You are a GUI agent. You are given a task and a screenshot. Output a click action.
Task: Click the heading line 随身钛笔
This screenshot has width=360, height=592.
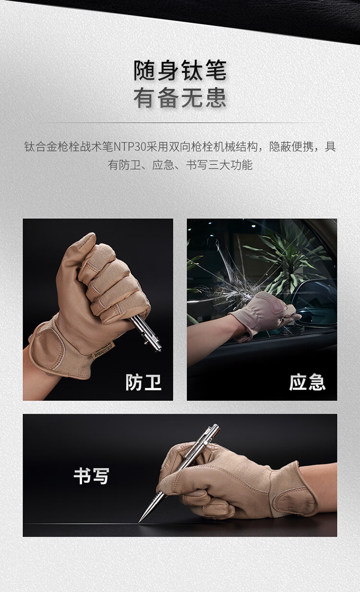coord(180,71)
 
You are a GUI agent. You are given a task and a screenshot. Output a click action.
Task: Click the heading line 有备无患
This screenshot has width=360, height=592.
coord(180,98)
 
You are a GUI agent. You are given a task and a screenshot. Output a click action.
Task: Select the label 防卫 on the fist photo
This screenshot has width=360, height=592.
coord(143,382)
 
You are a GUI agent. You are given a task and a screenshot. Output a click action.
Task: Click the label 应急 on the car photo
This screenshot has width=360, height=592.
coord(307,382)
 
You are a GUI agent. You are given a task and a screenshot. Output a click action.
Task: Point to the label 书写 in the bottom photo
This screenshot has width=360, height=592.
coord(91,476)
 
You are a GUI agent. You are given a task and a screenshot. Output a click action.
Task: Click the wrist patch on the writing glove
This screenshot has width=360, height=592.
coord(294,500)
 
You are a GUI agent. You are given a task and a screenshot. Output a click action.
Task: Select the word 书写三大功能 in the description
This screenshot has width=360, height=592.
coord(219,165)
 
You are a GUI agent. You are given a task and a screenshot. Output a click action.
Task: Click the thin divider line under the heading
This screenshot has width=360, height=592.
coord(180,123)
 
